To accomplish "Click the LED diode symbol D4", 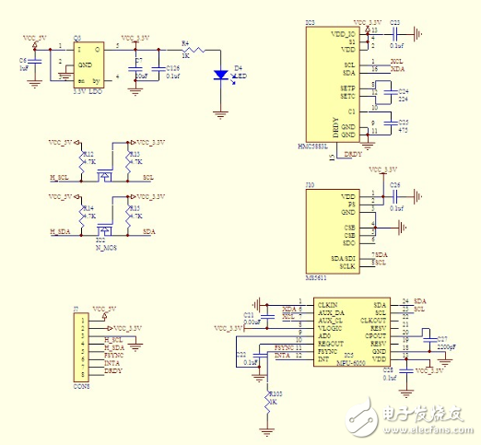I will pyautogui.click(x=221, y=76).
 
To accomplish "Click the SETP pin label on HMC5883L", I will pyautogui.click(x=347, y=86).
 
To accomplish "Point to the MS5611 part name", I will pyautogui.click(x=317, y=275).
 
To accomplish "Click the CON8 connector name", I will pyautogui.click(x=81, y=386).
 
